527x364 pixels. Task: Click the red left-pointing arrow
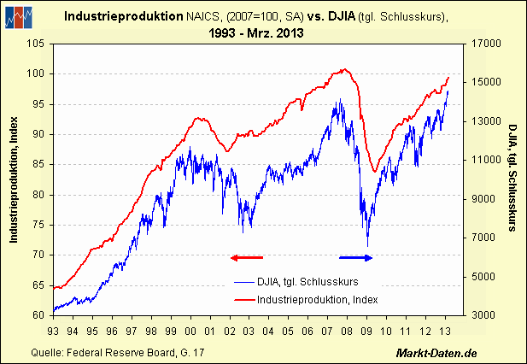247,256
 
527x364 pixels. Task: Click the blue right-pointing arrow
357,256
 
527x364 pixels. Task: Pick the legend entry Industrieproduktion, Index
311,299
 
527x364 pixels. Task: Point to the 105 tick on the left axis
36,44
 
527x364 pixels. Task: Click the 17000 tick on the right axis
479,44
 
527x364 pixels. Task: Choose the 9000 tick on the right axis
477,199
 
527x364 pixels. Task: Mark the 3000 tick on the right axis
477,315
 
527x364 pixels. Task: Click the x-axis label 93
53,331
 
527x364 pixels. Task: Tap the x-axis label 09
367,331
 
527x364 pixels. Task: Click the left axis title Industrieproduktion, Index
14,179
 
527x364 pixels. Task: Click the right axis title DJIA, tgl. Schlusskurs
512,179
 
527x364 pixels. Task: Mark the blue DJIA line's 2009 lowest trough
368,245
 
